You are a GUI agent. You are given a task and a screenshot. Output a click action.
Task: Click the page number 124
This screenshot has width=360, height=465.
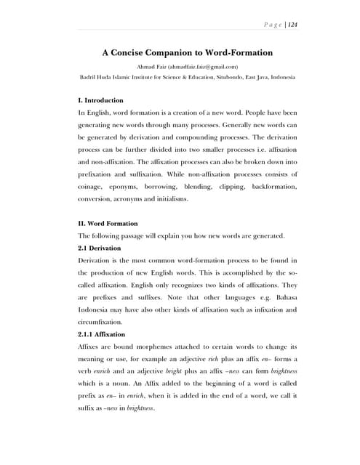(294, 24)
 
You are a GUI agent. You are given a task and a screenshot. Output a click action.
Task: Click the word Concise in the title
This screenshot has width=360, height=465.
(136, 52)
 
